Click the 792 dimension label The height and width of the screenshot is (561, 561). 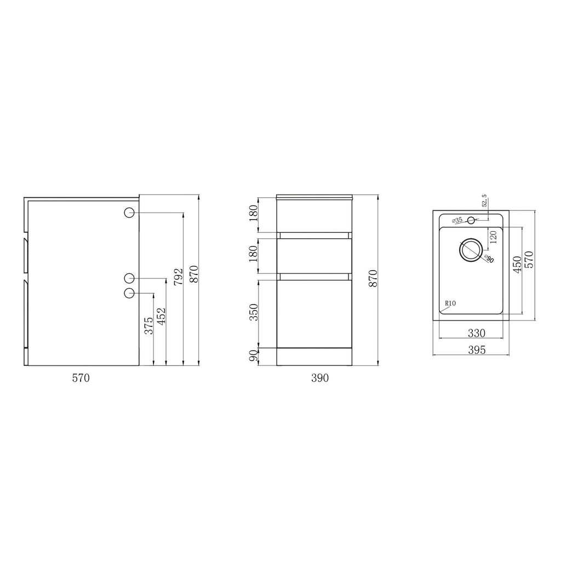(178, 277)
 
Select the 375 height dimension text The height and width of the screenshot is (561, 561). (148, 325)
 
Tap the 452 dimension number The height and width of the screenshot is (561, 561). (162, 316)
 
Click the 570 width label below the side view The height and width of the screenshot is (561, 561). (81, 378)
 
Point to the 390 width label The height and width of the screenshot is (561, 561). (320, 378)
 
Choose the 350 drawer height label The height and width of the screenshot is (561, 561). (253, 312)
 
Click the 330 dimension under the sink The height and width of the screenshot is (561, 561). (477, 333)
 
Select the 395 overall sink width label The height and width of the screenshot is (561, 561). (477, 350)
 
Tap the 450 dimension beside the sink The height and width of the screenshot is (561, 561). (517, 265)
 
